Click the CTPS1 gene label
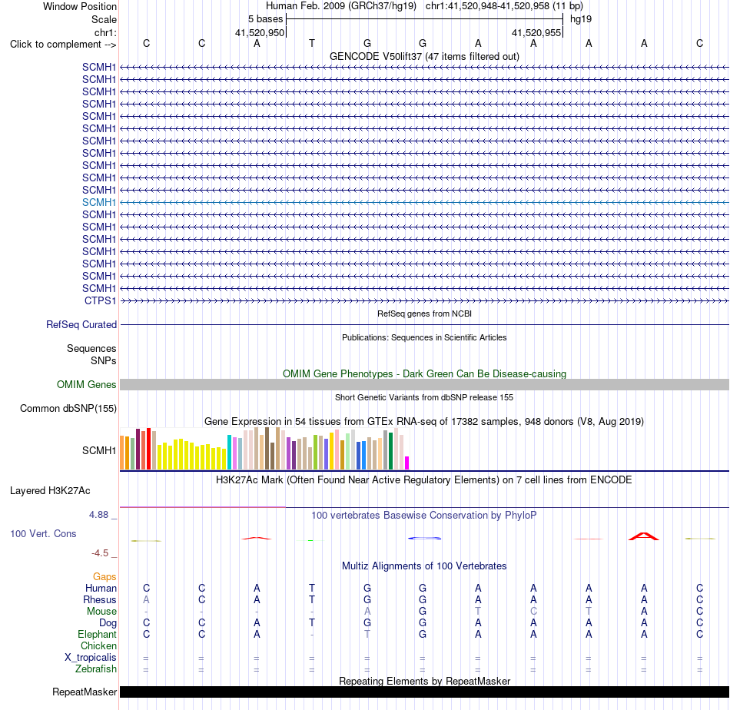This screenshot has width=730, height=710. point(100,300)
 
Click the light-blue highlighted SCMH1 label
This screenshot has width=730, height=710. point(99,203)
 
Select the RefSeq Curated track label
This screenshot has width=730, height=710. point(81,324)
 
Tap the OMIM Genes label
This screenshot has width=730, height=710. point(87,384)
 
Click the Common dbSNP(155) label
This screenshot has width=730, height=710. point(68,408)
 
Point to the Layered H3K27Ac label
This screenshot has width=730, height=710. point(50,491)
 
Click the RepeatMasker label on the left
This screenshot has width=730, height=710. point(85,692)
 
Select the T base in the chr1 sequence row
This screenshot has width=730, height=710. point(312,43)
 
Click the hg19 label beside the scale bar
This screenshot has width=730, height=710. point(581,19)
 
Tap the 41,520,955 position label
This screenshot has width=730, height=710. point(536,32)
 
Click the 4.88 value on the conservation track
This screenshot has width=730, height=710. point(98,515)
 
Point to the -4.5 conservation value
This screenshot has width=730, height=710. point(100,553)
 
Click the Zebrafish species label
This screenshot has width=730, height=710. point(96,669)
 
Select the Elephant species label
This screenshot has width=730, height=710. point(97,634)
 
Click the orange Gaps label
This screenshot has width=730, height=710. point(105,577)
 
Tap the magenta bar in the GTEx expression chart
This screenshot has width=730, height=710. point(407,463)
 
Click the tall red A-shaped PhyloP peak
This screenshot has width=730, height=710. point(644,536)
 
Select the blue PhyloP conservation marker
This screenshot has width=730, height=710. point(424,538)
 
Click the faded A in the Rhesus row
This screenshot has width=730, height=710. point(146,599)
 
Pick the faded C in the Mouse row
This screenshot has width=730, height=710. point(533,611)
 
